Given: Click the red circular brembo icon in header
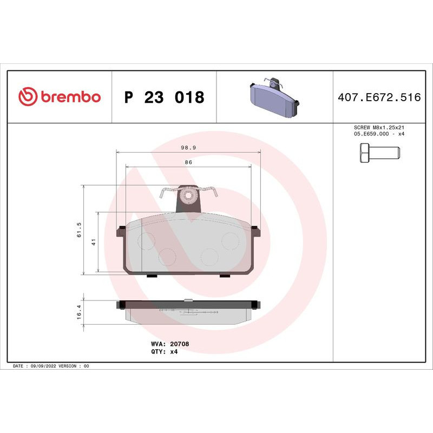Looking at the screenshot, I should pyautogui.click(x=27, y=97).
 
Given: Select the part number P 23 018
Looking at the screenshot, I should pyautogui.click(x=164, y=98).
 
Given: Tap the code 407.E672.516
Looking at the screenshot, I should pyautogui.click(x=379, y=98).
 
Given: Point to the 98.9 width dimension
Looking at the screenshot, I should pyautogui.click(x=188, y=147).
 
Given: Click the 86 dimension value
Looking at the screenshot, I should pyautogui.click(x=188, y=162).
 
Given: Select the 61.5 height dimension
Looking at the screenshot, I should pyautogui.click(x=79, y=229).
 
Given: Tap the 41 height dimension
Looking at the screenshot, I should pyautogui.click(x=93, y=242).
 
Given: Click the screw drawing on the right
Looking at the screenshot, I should pyautogui.click(x=379, y=153).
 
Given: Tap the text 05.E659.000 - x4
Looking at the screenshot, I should pyautogui.click(x=379, y=134).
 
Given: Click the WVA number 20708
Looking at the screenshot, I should pyautogui.click(x=180, y=344).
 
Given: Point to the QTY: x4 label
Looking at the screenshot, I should pyautogui.click(x=164, y=351).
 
